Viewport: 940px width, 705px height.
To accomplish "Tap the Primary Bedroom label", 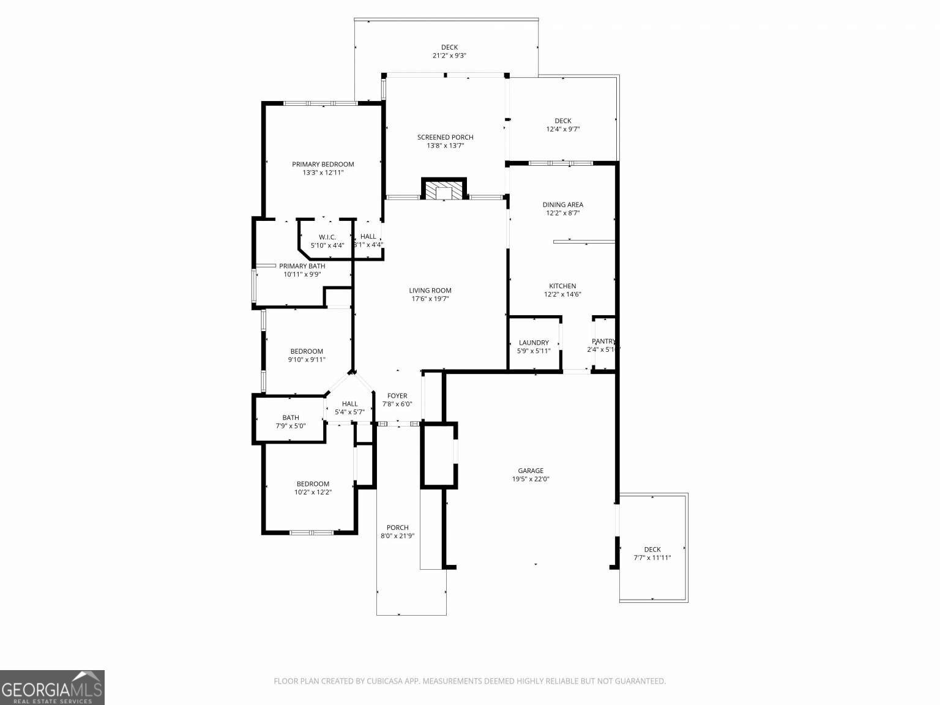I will (323, 164).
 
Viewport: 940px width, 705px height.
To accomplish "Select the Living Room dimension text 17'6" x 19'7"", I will (430, 299).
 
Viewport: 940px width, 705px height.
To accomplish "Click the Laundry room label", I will (534, 343).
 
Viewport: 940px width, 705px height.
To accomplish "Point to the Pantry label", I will (603, 341).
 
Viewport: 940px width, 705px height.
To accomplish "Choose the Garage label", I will (531, 471).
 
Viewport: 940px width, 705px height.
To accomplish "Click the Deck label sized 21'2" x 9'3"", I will (449, 47).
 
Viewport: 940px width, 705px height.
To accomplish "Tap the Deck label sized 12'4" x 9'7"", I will (562, 121).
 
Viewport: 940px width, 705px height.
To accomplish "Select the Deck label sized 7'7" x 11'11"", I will (652, 550).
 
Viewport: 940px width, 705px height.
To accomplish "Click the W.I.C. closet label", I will (327, 237).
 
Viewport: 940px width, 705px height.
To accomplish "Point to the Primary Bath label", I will (302, 266).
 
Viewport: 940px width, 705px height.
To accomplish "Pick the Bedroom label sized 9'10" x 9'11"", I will (307, 351).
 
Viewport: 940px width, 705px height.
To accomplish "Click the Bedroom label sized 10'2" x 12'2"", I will (313, 483).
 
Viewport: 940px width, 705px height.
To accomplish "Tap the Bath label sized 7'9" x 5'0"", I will (291, 417).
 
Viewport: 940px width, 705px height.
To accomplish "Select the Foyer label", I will (397, 396).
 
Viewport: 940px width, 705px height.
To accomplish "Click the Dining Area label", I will (562, 204).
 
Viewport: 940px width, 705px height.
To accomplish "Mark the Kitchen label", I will (562, 286).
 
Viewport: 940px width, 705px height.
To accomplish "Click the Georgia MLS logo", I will (52, 687).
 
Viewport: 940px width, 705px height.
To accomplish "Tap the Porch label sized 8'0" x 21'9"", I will (397, 528).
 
